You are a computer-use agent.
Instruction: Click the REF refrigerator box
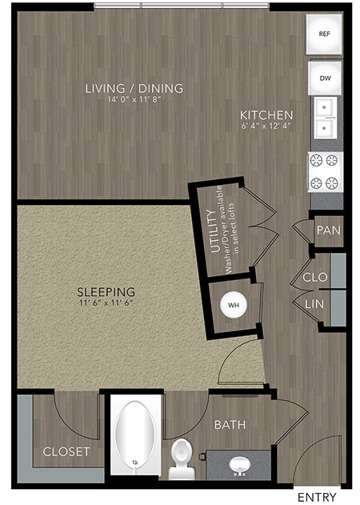point(324,34)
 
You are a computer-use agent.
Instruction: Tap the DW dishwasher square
point(325,78)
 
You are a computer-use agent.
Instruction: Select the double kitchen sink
point(325,118)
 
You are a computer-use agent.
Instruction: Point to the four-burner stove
point(325,172)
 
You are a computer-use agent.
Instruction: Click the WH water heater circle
point(234,305)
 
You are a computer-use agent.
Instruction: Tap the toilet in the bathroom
point(182,459)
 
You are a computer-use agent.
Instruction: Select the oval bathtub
point(135,436)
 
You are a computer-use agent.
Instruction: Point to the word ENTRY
point(317,497)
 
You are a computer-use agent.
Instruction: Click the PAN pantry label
point(329,230)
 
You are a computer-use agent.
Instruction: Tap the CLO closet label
point(315,277)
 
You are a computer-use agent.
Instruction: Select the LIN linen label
point(314,303)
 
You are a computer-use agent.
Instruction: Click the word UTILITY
point(214,231)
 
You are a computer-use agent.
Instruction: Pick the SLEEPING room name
point(106,292)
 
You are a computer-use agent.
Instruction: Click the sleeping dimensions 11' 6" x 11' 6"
point(106,303)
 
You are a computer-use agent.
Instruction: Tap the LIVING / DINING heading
point(134,88)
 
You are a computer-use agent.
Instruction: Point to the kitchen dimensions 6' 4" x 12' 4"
point(266,126)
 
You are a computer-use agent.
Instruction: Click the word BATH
point(230,425)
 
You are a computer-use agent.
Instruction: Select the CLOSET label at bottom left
point(66,451)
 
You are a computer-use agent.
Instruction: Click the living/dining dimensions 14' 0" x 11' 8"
point(134,99)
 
